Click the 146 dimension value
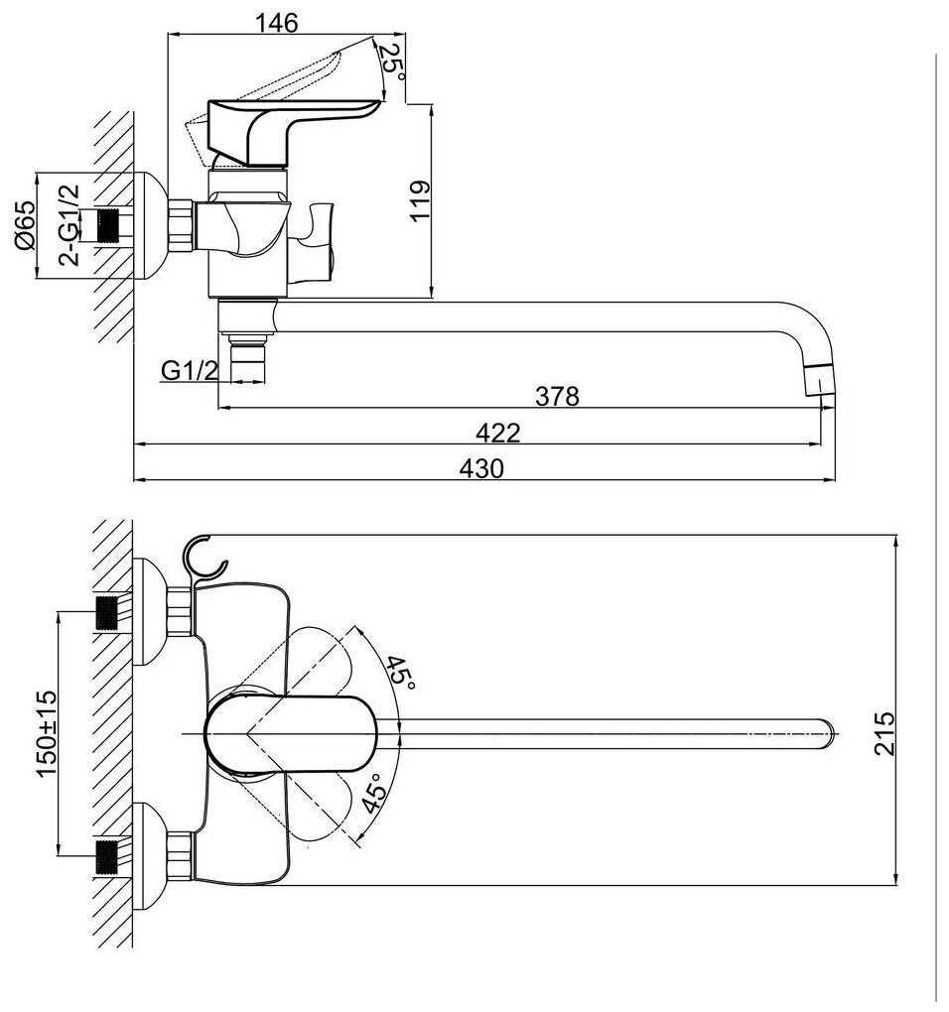point(276,23)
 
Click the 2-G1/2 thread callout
point(69,225)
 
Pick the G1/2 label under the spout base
point(190,371)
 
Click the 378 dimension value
point(557,396)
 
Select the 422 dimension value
point(496,433)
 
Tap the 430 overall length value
point(481,468)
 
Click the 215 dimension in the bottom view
point(884,733)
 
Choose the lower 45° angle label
point(373,795)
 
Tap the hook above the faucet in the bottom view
point(203,558)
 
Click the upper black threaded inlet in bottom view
point(108,612)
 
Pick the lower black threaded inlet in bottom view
point(108,855)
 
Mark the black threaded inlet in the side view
point(116,225)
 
